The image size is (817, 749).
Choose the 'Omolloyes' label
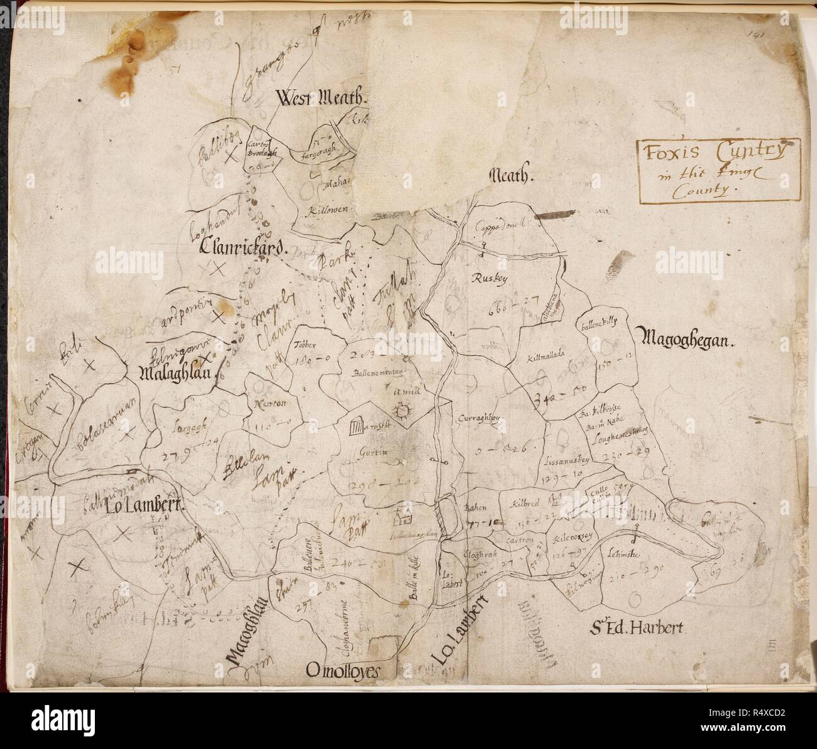(x=343, y=671)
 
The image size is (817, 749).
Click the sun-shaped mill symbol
(x=400, y=412)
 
